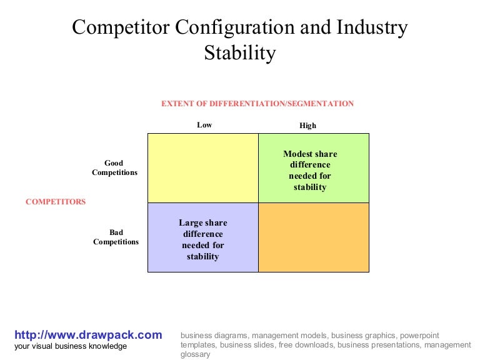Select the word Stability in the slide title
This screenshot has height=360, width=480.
(239, 52)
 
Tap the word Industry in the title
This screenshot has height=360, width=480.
(372, 27)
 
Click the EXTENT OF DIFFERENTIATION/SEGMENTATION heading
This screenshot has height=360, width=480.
(257, 104)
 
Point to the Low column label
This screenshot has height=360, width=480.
(204, 125)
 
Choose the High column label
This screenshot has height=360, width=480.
(307, 126)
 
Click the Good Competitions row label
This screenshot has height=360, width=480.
(114, 168)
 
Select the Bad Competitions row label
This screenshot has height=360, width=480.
(116, 237)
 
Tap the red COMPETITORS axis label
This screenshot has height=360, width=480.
(56, 202)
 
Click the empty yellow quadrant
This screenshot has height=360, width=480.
(202, 167)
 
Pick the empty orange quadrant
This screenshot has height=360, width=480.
(313, 237)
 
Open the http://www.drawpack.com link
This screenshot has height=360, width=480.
(88, 334)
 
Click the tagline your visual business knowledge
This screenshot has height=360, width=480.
(71, 346)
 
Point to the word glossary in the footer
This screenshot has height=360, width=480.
(196, 354)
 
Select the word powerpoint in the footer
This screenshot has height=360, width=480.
(419, 335)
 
